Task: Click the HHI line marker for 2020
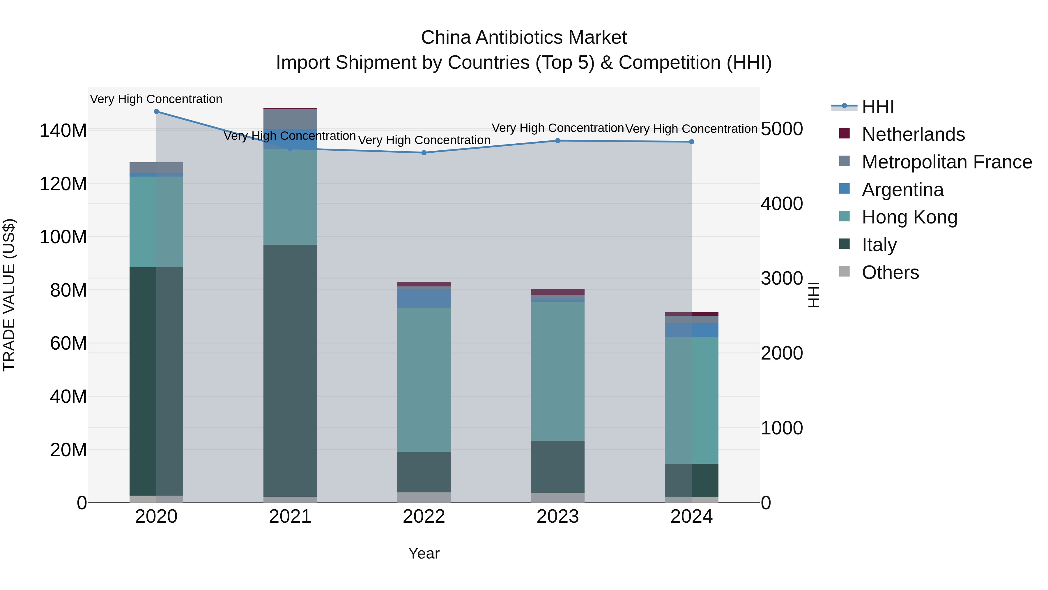pyautogui.click(x=156, y=112)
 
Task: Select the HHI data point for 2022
pyautogui.click(x=424, y=153)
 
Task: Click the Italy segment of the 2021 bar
pyautogui.click(x=290, y=371)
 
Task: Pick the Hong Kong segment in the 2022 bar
pyautogui.click(x=424, y=380)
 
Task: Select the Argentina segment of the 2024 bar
pyautogui.click(x=692, y=330)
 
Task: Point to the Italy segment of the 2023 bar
pyautogui.click(x=558, y=467)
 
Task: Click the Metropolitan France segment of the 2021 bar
pyautogui.click(x=290, y=119)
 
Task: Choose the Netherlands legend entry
pyautogui.click(x=913, y=134)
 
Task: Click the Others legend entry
pyautogui.click(x=890, y=272)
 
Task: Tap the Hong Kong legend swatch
pyautogui.click(x=845, y=216)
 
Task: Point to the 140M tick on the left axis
pyautogui.click(x=63, y=131)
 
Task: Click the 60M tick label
pyautogui.click(x=68, y=343)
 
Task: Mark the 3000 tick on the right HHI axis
pyautogui.click(x=782, y=279)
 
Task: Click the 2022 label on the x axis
pyautogui.click(x=424, y=517)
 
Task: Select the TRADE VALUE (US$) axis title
pyautogui.click(x=9, y=295)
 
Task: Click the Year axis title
pyautogui.click(x=424, y=553)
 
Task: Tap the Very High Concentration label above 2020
pyautogui.click(x=156, y=99)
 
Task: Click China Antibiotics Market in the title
pyautogui.click(x=524, y=38)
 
